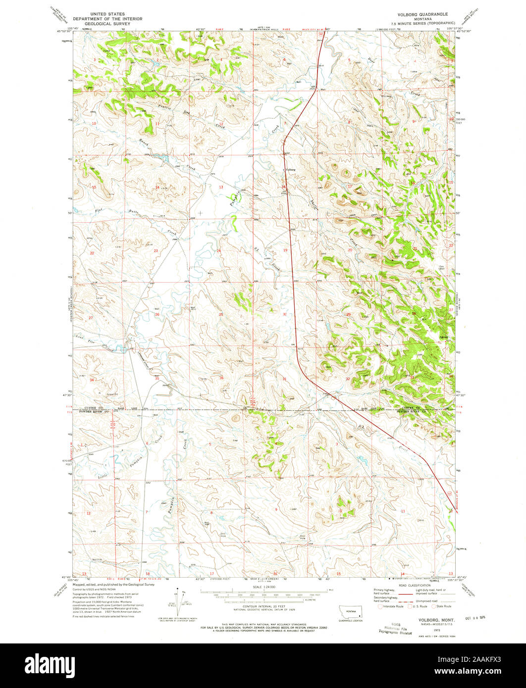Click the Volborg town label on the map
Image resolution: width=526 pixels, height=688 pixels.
(x=290, y=170)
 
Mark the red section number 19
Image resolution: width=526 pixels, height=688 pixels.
(x=285, y=250)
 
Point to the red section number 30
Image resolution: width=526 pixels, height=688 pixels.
(x=285, y=314)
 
